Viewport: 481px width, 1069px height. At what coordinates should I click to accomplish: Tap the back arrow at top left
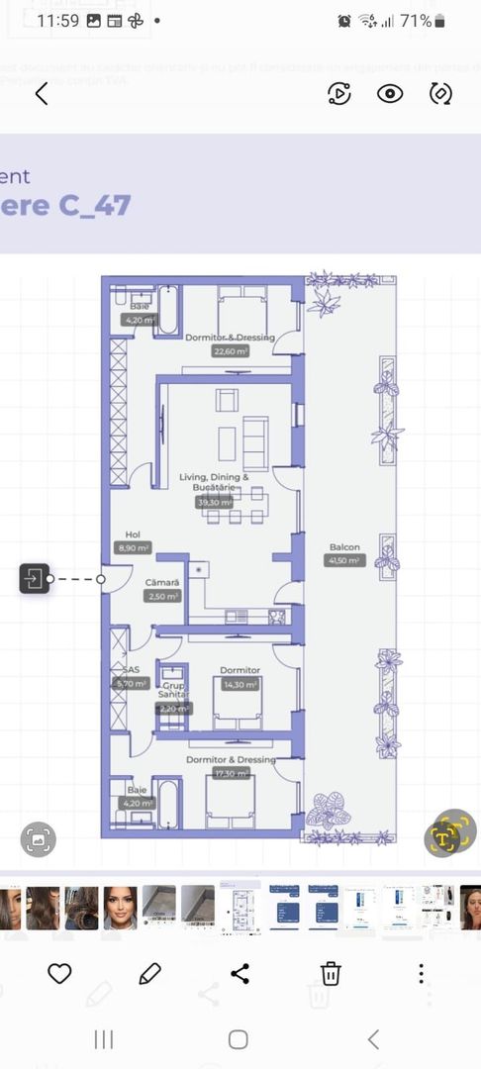(x=42, y=94)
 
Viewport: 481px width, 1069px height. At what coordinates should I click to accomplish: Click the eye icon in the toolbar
(x=390, y=94)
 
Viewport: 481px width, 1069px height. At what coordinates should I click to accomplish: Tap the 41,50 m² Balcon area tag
(x=344, y=560)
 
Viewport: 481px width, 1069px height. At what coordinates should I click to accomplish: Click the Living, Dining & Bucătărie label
(x=215, y=482)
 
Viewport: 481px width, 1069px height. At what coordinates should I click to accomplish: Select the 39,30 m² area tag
(x=215, y=502)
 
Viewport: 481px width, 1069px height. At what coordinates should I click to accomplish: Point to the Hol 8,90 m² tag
(x=134, y=547)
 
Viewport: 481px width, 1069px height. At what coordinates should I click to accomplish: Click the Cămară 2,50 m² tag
(x=162, y=597)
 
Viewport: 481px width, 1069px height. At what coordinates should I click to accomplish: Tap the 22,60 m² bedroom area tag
(x=230, y=350)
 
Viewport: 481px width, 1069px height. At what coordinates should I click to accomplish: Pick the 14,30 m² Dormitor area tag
(x=240, y=684)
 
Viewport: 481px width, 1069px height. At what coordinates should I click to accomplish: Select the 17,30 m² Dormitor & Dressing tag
(x=230, y=773)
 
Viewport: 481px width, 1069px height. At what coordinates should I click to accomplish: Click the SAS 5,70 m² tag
(x=132, y=683)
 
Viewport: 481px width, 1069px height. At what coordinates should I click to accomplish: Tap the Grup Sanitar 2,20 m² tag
(x=173, y=708)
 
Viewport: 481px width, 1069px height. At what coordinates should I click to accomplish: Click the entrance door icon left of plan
(x=34, y=578)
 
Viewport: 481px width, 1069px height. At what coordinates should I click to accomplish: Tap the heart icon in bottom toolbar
(x=59, y=973)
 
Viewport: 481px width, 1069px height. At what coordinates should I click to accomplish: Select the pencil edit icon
(x=149, y=973)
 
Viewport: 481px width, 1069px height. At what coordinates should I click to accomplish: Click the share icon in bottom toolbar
(x=240, y=973)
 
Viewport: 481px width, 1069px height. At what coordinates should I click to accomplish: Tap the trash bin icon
(x=331, y=973)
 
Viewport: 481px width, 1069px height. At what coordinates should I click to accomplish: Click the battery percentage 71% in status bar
(x=416, y=20)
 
